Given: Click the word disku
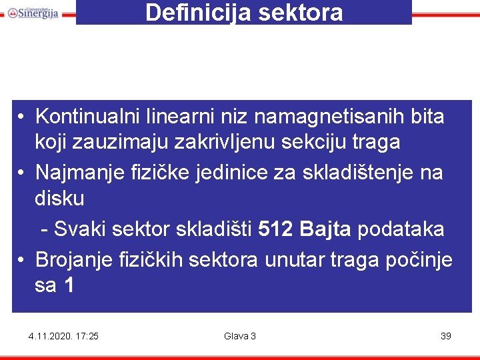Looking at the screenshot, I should pyautogui.click(x=60, y=198).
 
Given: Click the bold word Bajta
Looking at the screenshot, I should pyautogui.click(x=325, y=229).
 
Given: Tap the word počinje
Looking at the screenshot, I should pyautogui.click(x=419, y=259).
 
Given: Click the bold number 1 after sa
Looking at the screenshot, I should pyautogui.click(x=69, y=285).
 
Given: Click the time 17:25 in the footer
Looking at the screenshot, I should pyautogui.click(x=87, y=336).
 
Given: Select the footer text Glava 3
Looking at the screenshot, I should pyautogui.click(x=240, y=336).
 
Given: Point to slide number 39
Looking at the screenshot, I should pyautogui.click(x=446, y=336).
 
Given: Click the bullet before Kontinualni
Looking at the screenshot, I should pyautogui.click(x=23, y=117).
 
